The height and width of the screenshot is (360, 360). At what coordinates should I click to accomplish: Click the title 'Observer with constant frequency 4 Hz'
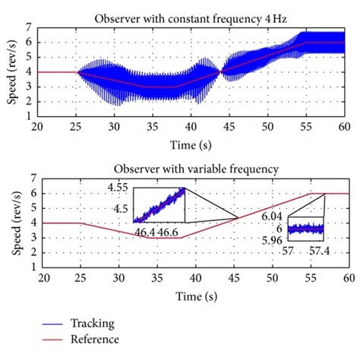click(196, 17)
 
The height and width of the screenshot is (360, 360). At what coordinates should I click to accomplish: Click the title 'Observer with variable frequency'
click(196, 169)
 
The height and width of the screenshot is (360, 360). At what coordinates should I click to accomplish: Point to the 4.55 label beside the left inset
click(118, 188)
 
